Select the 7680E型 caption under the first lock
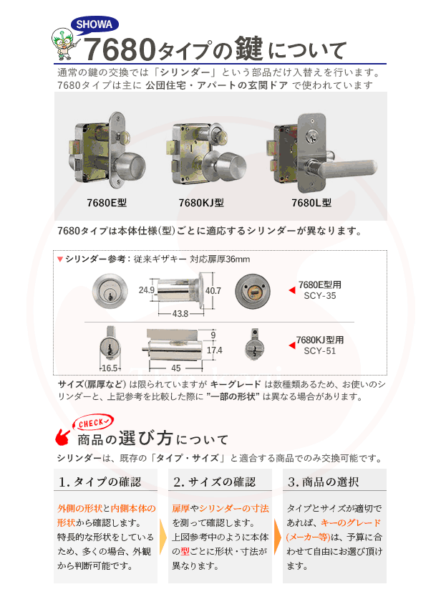pos(106,203)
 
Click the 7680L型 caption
pos(313,203)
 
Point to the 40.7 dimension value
pos(213,291)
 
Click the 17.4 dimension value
pos(214,350)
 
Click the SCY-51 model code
pos(319,351)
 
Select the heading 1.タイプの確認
pos(100,482)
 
